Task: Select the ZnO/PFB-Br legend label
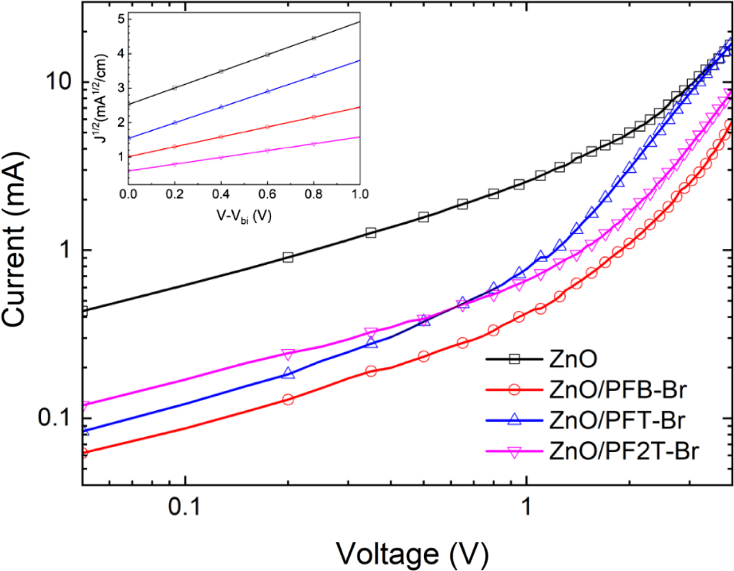point(618,390)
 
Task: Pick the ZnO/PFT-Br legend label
point(617,420)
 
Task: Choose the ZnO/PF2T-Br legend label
point(624,451)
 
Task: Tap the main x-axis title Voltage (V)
point(412,552)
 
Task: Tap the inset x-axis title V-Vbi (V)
point(244,215)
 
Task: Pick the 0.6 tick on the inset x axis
point(267,194)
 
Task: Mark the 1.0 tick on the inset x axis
point(359,194)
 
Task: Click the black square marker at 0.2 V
point(288,257)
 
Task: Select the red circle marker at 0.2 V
point(288,399)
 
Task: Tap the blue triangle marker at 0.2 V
point(288,373)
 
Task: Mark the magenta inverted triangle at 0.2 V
point(288,355)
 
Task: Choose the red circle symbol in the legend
point(514,390)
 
